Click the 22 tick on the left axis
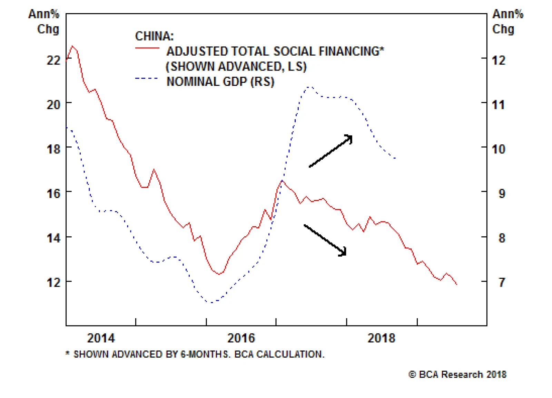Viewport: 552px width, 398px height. point(53,60)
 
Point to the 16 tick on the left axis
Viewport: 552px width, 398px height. point(53,193)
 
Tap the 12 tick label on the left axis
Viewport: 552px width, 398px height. point(53,282)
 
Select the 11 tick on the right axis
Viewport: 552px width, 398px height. point(498,104)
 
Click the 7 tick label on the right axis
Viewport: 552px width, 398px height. point(502,282)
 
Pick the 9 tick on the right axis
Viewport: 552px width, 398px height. point(502,193)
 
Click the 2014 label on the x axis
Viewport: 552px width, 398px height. point(101,338)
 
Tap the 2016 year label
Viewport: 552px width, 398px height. point(241,338)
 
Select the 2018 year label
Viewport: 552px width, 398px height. point(381,338)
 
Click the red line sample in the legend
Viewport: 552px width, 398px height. point(147,48)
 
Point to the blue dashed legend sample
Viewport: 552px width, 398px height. point(147,78)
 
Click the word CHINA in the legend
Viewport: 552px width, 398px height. point(154,36)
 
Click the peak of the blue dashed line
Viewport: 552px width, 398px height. point(309,87)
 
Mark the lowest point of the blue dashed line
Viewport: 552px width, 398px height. point(210,302)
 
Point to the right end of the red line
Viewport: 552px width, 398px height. point(457,284)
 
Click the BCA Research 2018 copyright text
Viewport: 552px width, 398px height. point(457,375)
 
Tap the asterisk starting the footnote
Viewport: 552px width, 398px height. point(68,353)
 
